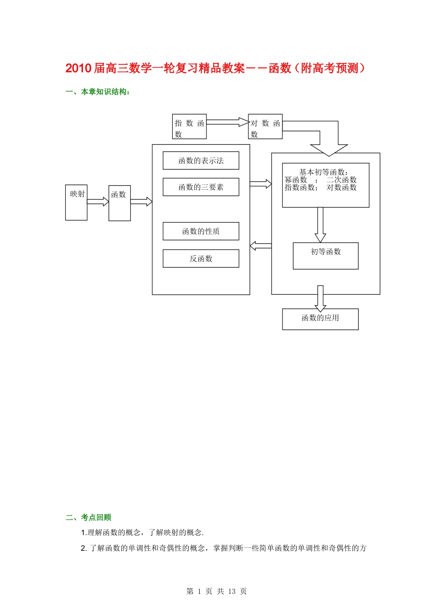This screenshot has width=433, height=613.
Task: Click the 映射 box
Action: (x=76, y=203)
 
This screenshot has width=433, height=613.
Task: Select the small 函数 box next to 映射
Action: (x=119, y=203)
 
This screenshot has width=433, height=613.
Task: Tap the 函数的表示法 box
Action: (x=201, y=161)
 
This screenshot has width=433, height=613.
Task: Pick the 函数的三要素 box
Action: (x=201, y=187)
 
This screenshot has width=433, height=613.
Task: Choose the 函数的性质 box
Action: (x=201, y=231)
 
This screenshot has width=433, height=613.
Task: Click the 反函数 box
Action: (x=201, y=259)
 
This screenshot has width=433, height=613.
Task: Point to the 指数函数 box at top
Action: (x=189, y=127)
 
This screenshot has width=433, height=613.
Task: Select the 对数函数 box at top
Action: (x=265, y=127)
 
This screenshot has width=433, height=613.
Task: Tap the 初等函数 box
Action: (x=325, y=256)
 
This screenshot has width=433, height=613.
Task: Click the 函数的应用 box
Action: (x=320, y=319)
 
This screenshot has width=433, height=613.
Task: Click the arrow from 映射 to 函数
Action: (x=98, y=202)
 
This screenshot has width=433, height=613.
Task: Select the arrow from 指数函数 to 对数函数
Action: (x=227, y=122)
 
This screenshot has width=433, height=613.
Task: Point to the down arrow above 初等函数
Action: (x=320, y=225)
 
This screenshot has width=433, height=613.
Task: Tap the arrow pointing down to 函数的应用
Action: (x=320, y=299)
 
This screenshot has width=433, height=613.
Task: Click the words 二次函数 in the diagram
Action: (x=341, y=180)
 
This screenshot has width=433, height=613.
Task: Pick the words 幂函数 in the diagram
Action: (x=296, y=180)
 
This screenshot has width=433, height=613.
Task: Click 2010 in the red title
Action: (x=78, y=68)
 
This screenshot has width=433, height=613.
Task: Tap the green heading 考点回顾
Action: (x=96, y=517)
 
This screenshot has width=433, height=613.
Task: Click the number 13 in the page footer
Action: (x=232, y=592)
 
